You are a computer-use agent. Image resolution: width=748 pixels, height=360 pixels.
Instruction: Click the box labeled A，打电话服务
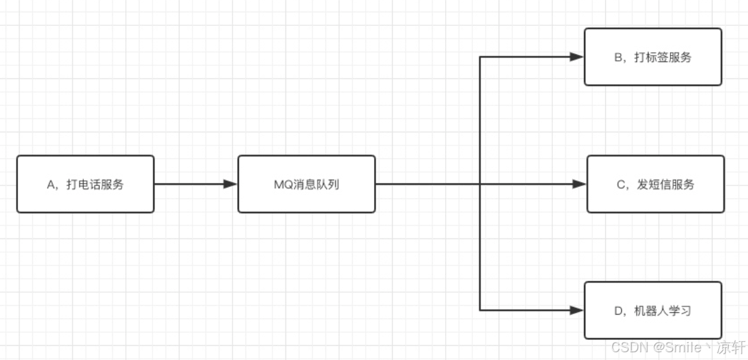pos(85,184)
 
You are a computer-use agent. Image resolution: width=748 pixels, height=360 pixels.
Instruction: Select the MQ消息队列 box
pos(306,184)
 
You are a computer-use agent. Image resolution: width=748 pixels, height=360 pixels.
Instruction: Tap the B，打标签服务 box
pos(652,57)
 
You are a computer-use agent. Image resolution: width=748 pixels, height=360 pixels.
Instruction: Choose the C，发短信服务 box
pos(655,184)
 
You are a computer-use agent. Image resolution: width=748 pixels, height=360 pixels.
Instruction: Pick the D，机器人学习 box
pos(652,310)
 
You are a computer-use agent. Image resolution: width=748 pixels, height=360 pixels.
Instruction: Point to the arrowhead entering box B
pos(577,57)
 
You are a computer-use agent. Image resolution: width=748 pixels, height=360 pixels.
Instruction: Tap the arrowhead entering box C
pos(579,184)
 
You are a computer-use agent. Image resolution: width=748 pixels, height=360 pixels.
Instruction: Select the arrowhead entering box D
pos(577,310)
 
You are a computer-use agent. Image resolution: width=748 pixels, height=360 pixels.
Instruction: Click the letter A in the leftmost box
pos(51,185)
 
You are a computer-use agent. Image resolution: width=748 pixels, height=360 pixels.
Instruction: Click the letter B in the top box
pos(618,58)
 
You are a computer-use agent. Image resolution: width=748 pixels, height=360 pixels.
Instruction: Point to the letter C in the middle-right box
pos(621,185)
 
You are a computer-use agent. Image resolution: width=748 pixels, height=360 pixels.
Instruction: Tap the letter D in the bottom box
pos(618,311)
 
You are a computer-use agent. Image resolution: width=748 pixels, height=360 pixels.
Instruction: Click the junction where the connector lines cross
pos(480,184)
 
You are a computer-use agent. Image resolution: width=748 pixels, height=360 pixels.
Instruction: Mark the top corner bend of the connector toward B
pos(480,57)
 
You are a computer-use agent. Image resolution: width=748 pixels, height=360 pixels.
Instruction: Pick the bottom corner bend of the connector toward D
pos(480,310)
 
